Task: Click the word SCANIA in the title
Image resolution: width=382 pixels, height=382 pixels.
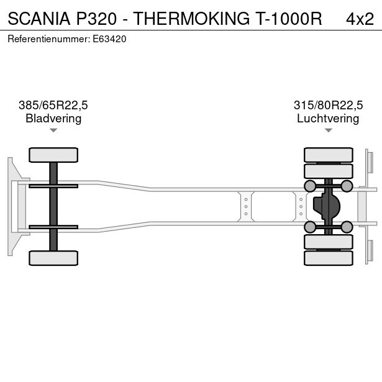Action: point(39,19)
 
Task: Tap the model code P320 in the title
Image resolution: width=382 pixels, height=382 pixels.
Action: point(96,19)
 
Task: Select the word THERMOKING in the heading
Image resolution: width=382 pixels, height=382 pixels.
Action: point(191,19)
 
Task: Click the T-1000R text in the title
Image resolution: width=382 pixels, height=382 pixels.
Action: point(289,19)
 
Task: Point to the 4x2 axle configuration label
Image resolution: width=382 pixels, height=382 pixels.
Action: point(360,19)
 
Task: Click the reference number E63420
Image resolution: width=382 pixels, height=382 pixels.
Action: point(109,39)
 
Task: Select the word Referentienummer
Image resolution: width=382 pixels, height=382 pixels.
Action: point(48,39)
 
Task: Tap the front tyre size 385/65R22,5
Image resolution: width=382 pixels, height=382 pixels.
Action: point(53,105)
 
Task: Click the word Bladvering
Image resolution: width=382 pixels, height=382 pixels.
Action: point(53,119)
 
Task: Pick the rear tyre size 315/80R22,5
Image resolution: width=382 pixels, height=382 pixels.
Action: point(328,105)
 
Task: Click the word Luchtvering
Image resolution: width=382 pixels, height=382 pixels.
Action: point(328,119)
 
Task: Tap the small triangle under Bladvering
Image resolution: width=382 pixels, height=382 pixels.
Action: point(53,130)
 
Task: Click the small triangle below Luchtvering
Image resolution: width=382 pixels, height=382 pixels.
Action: point(329,130)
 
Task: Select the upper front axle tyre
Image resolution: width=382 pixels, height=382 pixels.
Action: point(53,155)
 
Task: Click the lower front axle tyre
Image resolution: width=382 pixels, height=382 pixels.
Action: point(53,258)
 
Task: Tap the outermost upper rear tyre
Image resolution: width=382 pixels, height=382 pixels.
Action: point(329,155)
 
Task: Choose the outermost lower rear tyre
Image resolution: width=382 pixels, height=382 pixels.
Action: point(329,258)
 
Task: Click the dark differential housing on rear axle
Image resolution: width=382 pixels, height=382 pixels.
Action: point(327,206)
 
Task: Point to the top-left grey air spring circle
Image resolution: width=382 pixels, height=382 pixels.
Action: point(310,186)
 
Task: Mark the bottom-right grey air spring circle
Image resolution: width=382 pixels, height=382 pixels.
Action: point(347,227)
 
